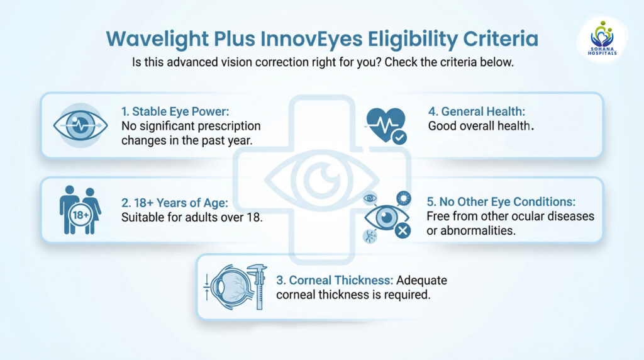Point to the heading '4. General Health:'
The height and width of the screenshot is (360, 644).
[476, 111]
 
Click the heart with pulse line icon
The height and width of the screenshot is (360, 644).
[386, 122]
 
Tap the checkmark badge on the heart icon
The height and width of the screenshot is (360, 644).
[399, 136]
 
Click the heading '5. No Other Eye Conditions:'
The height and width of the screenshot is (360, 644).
[501, 202]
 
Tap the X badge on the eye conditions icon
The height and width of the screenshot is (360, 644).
[402, 230]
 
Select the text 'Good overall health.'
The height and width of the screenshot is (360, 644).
[481, 125]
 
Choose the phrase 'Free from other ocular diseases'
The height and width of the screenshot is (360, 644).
[511, 217]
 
